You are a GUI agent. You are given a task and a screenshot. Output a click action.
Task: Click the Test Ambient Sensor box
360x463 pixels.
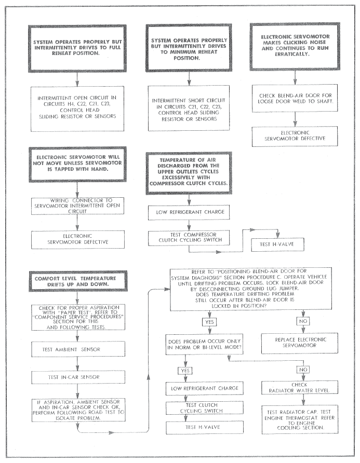(78, 349)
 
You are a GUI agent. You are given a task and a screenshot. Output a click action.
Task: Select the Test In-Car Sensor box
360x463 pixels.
(78, 377)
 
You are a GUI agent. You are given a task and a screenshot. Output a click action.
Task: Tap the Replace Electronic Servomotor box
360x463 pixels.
(299, 343)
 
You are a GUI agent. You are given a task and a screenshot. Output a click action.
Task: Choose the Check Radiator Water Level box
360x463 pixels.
(299, 388)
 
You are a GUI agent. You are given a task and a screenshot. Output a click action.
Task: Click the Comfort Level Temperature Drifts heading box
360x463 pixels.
(78, 281)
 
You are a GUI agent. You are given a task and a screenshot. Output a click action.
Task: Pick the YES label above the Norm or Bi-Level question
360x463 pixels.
(209, 322)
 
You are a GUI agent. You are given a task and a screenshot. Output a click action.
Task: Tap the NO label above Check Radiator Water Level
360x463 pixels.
(303, 370)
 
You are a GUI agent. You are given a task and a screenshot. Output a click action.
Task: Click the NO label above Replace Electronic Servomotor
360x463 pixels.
(303, 321)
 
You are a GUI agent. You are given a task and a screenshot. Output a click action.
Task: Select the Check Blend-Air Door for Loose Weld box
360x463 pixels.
(295, 98)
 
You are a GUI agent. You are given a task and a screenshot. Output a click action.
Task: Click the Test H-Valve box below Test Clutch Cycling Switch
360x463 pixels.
(205, 427)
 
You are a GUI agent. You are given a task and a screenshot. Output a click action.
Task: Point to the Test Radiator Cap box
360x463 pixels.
(300, 419)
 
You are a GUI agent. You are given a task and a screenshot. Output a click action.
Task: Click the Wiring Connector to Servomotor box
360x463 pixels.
(78, 206)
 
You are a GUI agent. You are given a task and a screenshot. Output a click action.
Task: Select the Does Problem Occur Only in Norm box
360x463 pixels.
(204, 344)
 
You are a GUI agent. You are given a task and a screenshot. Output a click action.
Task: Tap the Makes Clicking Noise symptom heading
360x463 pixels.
(295, 46)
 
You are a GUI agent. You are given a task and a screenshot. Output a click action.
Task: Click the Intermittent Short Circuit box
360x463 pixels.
(189, 108)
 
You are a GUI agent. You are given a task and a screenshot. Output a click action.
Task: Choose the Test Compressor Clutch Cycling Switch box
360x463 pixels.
(189, 238)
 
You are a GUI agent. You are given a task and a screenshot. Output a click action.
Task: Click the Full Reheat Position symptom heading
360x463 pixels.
(77, 48)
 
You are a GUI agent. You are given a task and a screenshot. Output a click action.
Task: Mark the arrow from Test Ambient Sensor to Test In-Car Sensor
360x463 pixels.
(77, 364)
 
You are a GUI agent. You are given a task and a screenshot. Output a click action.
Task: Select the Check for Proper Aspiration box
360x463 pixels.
(78, 317)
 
